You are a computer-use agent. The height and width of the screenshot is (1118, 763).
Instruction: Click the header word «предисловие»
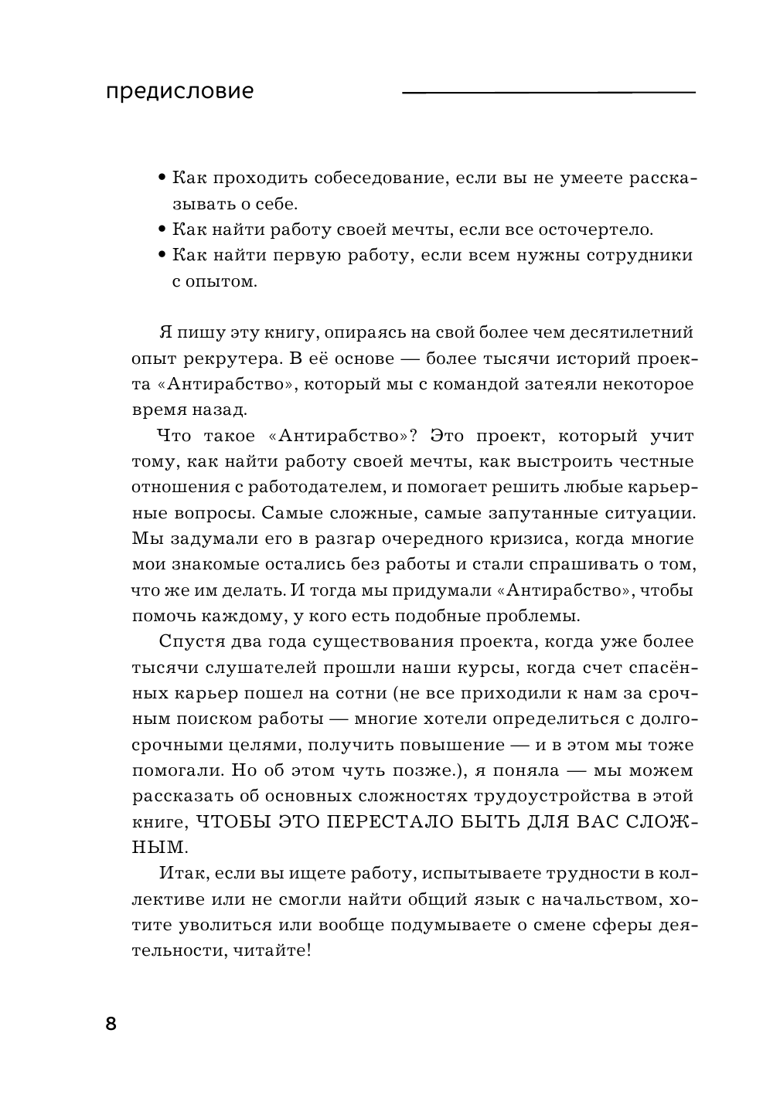point(179,92)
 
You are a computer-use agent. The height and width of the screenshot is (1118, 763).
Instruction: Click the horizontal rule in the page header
point(548,93)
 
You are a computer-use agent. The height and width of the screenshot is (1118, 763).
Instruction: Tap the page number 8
point(111,1025)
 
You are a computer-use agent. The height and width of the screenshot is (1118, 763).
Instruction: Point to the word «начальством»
point(610,899)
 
